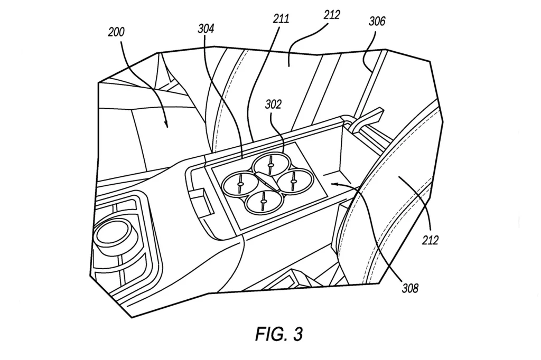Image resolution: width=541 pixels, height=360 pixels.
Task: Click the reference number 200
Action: tap(116, 32)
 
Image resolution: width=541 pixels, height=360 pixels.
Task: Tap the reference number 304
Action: tap(206, 29)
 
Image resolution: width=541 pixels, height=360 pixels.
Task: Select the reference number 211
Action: tap(281, 18)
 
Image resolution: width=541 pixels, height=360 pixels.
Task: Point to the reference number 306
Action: tap(377, 22)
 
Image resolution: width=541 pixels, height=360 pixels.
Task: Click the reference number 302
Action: tap(273, 104)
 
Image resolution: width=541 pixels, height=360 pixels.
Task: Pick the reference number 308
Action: tap(410, 288)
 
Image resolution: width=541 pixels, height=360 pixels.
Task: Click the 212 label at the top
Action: tap(332, 14)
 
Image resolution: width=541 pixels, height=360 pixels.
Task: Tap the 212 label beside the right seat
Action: tap(430, 240)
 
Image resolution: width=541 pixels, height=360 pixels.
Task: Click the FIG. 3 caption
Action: tap(279, 334)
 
